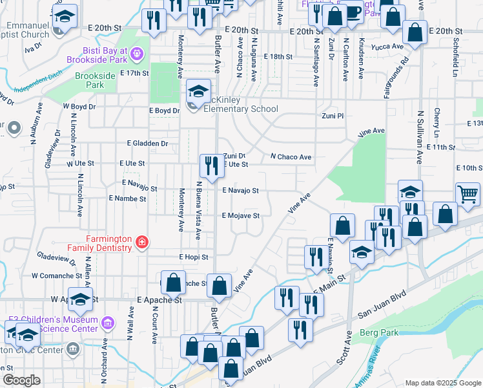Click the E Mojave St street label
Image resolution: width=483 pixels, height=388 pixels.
tap(241, 216)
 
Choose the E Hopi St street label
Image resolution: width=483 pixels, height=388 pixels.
tap(194, 257)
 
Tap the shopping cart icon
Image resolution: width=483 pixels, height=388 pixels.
tap(468, 193)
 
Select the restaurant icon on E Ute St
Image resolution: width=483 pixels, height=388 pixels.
tap(211, 167)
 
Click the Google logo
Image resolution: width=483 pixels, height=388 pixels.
tap(21, 380)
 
